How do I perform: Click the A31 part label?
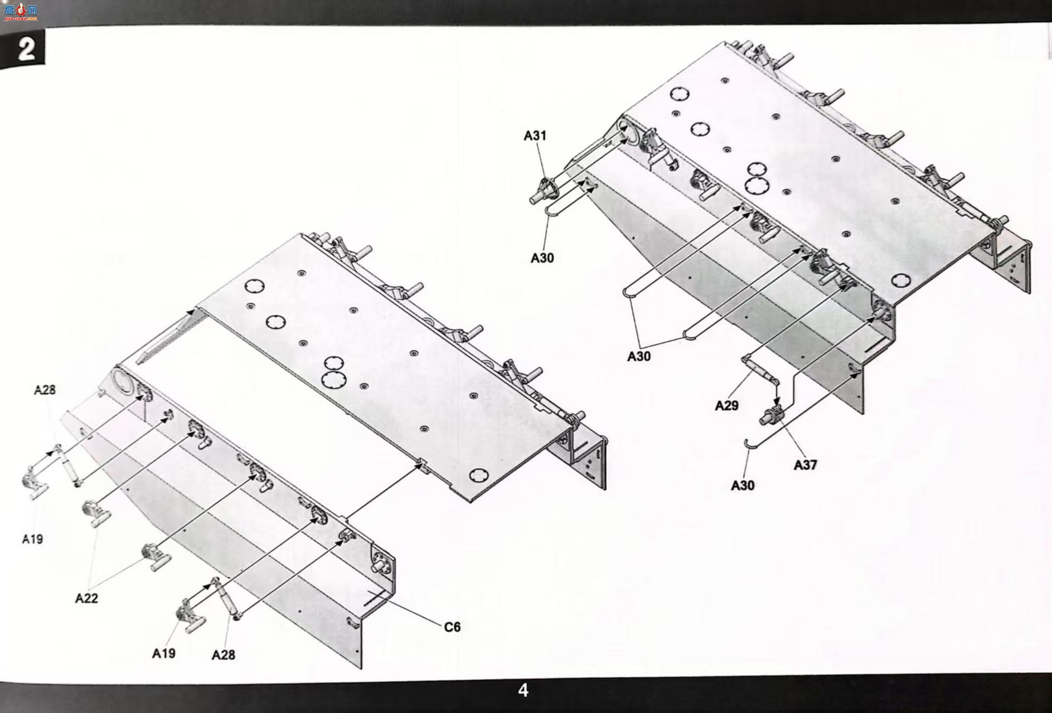tap(535, 135)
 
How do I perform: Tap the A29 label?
tap(726, 405)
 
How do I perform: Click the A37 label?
tap(805, 464)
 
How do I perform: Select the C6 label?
tap(452, 627)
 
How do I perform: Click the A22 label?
tap(86, 598)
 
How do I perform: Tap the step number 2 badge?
tap(23, 49)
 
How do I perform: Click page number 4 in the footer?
tap(523, 690)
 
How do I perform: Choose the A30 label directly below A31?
tap(542, 258)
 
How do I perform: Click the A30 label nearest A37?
tap(743, 486)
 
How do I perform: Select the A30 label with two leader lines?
tap(638, 356)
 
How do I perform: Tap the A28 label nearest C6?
tap(223, 655)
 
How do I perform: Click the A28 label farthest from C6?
tap(45, 390)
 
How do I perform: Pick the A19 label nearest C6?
tap(163, 653)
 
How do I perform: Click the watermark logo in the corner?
tap(20, 11)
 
